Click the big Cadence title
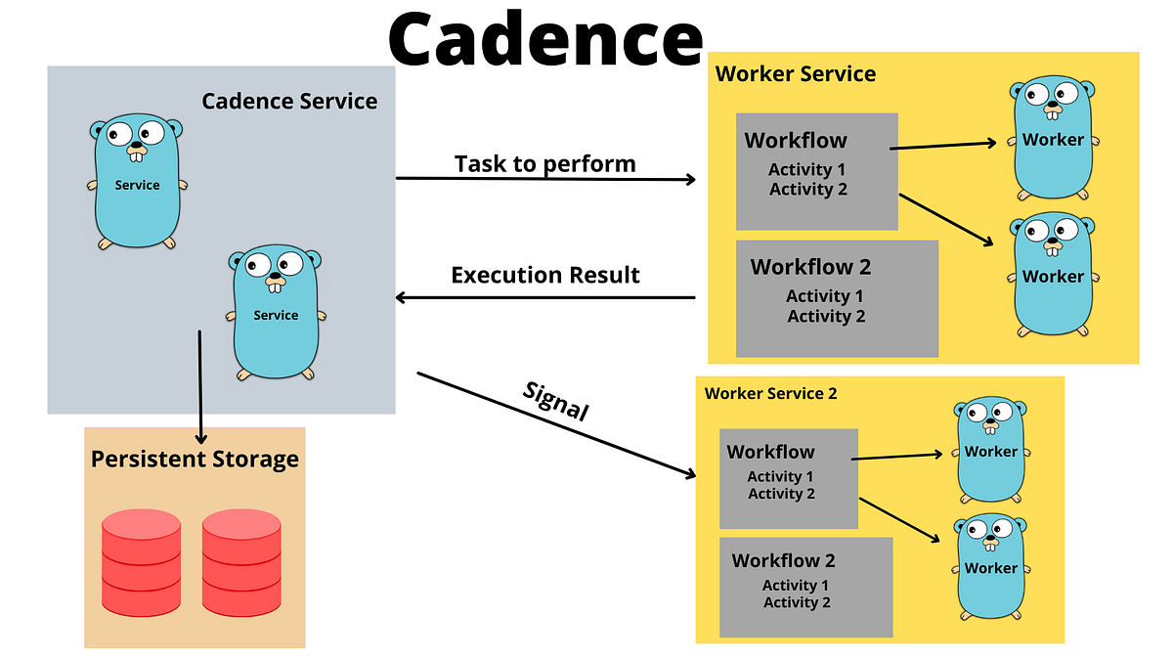(x=544, y=39)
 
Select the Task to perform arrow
(x=544, y=179)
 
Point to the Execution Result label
(x=544, y=275)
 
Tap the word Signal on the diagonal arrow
(x=556, y=401)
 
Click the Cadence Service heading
(x=289, y=101)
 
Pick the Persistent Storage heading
(x=195, y=459)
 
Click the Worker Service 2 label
(x=770, y=393)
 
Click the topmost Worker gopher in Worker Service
(x=1053, y=139)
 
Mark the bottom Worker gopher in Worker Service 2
(x=990, y=566)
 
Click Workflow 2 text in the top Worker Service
(x=810, y=266)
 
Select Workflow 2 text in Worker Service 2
(x=783, y=560)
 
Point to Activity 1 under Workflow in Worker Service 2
(x=780, y=476)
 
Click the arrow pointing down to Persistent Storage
(x=200, y=386)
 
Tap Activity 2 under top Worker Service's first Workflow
(x=807, y=189)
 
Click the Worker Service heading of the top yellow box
(x=795, y=73)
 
